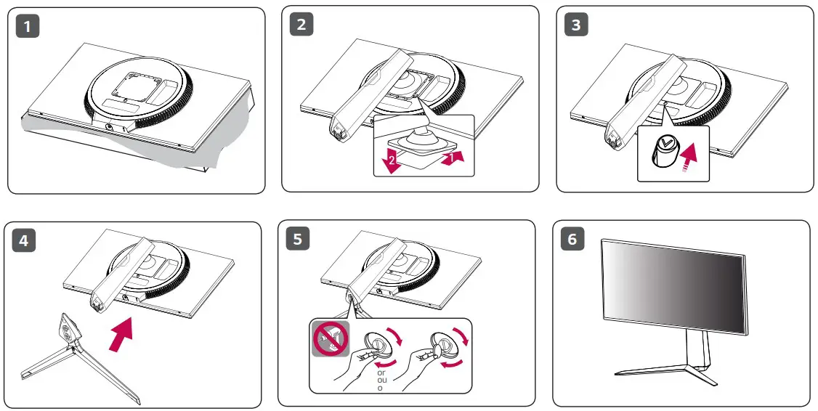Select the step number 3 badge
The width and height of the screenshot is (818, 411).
point(576,24)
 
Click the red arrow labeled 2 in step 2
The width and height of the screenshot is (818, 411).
point(390,159)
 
